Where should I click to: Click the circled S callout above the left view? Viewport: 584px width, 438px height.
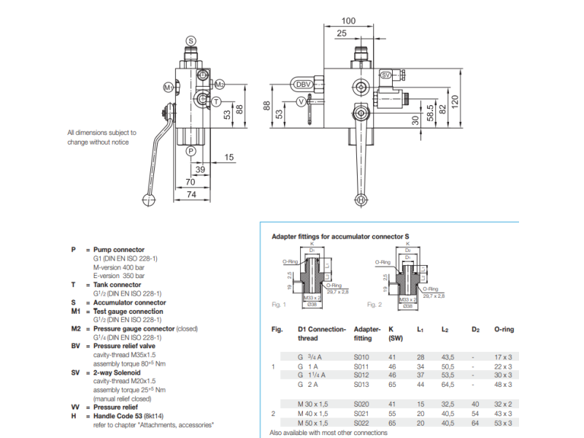point(191,40)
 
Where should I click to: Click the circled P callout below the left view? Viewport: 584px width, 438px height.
point(191,151)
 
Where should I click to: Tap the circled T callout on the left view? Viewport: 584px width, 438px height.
point(216,101)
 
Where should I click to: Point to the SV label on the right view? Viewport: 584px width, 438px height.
point(387,75)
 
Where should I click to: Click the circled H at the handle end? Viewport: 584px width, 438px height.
point(361,199)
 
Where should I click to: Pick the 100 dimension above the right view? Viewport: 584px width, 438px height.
point(348,21)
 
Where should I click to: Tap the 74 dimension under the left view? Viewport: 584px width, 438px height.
point(191,195)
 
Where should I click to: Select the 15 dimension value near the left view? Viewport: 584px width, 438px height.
point(229,158)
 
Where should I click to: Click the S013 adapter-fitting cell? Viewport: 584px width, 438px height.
point(362,384)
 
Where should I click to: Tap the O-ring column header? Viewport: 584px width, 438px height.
point(504,330)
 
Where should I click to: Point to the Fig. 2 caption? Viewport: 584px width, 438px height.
point(374,304)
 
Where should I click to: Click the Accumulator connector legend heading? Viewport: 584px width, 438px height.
point(129,302)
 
